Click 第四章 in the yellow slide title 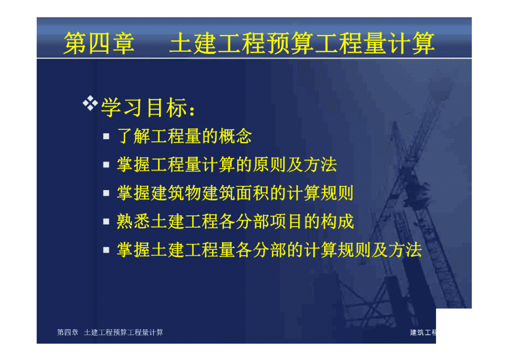point(99,43)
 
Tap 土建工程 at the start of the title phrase point(217,43)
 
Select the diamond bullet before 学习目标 point(90,103)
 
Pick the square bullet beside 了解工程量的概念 point(106,136)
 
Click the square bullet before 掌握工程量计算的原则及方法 point(106,165)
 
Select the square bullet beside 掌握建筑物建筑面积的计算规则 point(106,193)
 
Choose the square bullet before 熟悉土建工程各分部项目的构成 point(106,221)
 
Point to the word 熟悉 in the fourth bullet point(133,221)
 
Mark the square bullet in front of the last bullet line point(106,250)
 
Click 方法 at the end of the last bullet point(405,250)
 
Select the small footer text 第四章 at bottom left point(68,333)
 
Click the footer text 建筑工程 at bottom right point(423,333)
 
